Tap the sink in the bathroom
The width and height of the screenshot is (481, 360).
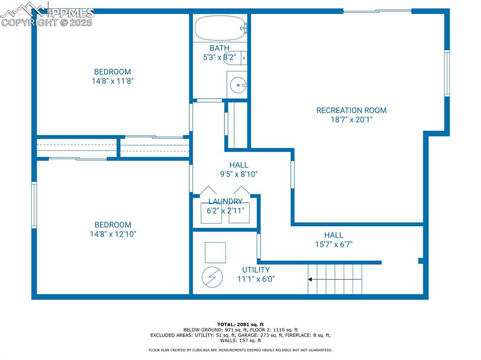(x=238, y=85)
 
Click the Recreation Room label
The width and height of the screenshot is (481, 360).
(x=351, y=110)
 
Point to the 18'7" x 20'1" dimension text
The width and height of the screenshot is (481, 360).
(x=351, y=120)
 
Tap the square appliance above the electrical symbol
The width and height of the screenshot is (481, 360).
(x=215, y=253)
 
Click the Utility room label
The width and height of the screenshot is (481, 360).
(x=256, y=270)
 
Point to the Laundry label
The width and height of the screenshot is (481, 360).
(x=225, y=201)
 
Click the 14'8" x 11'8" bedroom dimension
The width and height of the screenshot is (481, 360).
(x=113, y=81)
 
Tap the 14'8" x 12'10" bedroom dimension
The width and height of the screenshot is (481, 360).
(x=113, y=234)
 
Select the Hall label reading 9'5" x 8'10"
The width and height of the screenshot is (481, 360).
(x=239, y=165)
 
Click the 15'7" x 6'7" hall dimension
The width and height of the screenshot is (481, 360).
(x=334, y=244)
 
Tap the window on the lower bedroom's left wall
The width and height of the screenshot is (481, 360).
(x=34, y=205)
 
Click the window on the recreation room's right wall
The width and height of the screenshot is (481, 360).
(x=447, y=73)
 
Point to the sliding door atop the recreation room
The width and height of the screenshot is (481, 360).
(x=377, y=10)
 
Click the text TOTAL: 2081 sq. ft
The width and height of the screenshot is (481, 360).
(x=240, y=324)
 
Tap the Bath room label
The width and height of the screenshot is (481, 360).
(x=219, y=48)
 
